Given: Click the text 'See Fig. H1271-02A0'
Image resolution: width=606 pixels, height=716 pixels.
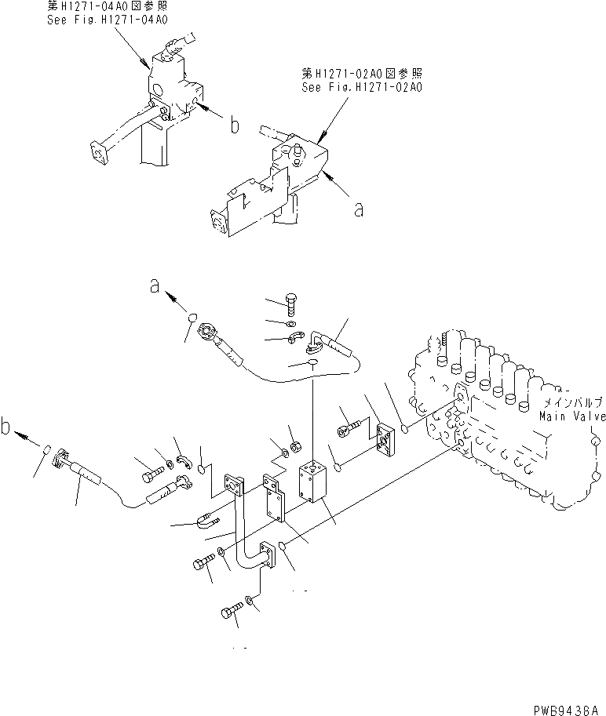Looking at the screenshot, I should point(362,87).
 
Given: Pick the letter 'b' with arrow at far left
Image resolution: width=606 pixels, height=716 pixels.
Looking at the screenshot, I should point(7,428).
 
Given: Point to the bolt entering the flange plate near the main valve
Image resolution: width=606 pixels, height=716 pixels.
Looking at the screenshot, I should point(348,429).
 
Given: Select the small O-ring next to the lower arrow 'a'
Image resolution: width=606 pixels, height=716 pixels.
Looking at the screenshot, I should point(191,318).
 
